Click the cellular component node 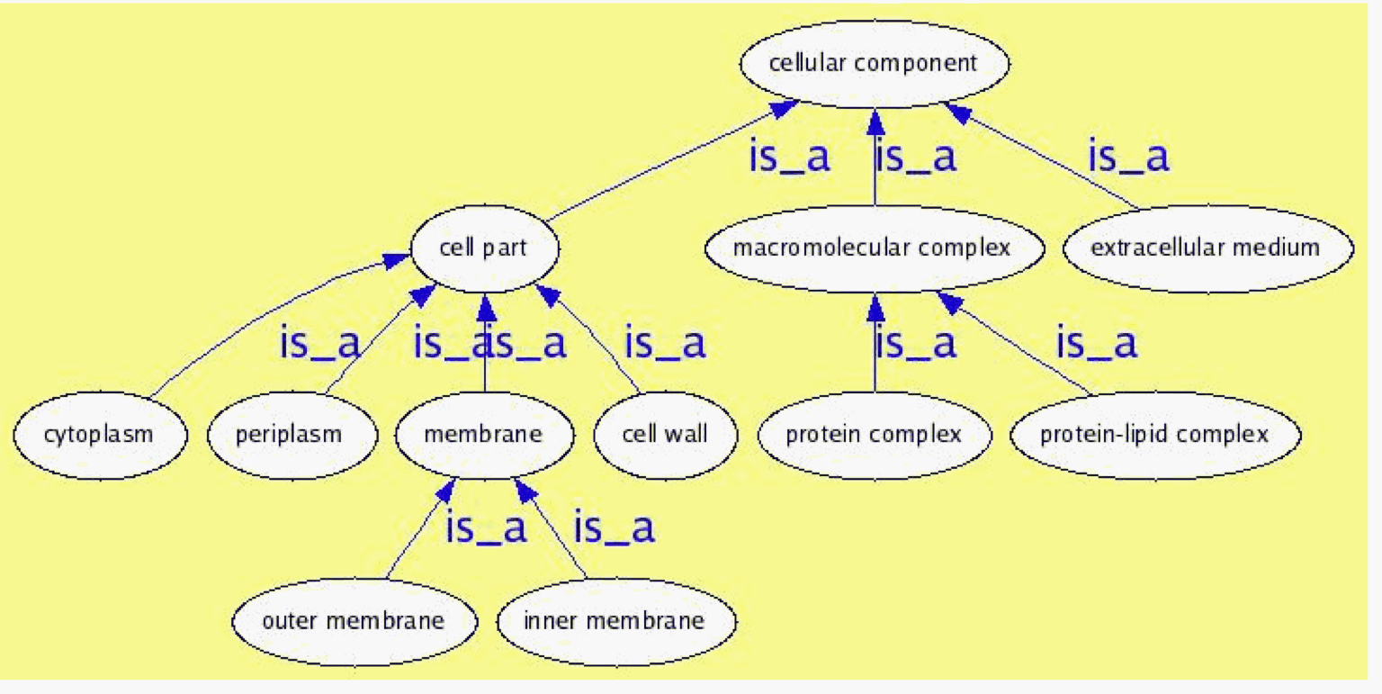pos(873,64)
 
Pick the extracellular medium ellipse pos(1206,248)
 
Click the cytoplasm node pos(99,434)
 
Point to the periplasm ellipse pos(289,434)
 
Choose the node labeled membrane pos(483,434)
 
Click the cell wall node pos(665,434)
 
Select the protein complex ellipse pos(874,435)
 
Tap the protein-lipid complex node pos(1154,435)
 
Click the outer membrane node pos(353,620)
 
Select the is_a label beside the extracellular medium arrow pos(1128,157)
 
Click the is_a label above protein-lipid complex pos(1096,343)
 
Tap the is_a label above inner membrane pos(614,528)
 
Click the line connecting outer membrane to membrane pos(418,531)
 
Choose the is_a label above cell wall pos(665,343)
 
